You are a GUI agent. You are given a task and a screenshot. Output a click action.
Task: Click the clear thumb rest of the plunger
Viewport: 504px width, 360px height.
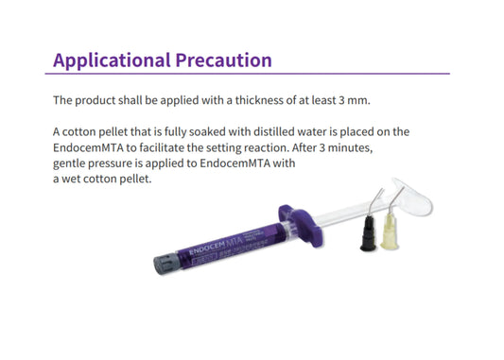(x=431, y=198)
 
